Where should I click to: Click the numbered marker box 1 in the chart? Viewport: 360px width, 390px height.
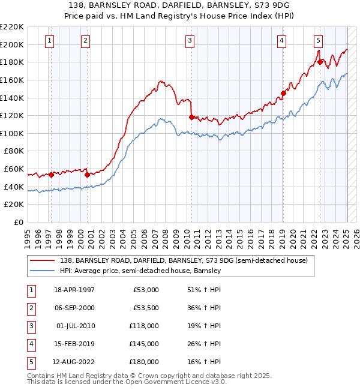(x=49, y=41)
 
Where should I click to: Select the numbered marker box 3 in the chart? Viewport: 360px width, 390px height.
(x=190, y=41)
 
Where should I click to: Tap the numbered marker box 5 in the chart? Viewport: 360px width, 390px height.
(x=317, y=41)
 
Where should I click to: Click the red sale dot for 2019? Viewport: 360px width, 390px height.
(x=283, y=93)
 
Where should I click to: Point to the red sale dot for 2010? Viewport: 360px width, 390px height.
(x=191, y=117)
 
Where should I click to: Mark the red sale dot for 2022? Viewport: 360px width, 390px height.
(x=320, y=62)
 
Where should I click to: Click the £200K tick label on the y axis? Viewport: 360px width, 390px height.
(x=12, y=44)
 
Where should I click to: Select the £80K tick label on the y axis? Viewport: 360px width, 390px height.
(x=14, y=151)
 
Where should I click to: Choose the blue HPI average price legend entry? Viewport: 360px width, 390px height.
(x=140, y=271)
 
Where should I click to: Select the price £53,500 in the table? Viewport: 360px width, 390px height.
(x=145, y=308)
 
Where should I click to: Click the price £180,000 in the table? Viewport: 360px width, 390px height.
(x=143, y=362)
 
